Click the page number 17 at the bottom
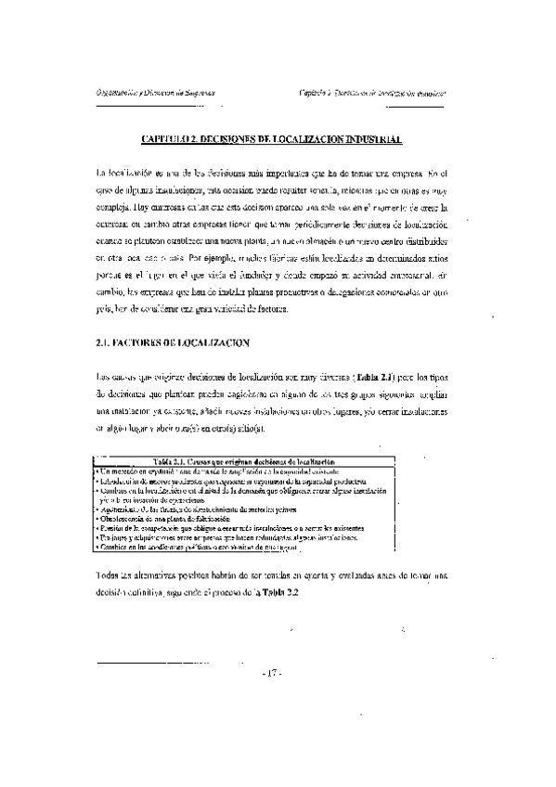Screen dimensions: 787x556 point(273,672)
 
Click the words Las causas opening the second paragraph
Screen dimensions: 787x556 point(116,378)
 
